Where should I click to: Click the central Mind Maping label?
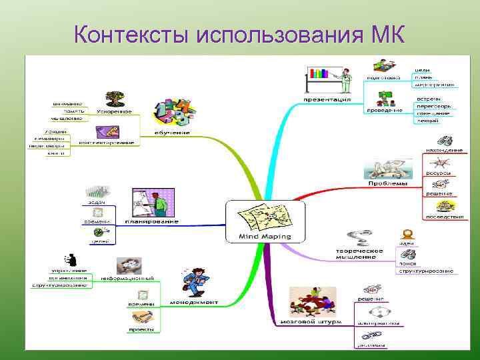click(x=265, y=236)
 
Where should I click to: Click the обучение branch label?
click(x=172, y=132)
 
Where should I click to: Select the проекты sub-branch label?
click(x=142, y=329)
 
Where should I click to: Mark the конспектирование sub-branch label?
click(x=107, y=142)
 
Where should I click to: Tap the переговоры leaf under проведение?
click(x=434, y=106)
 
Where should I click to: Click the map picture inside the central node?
click(x=265, y=216)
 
